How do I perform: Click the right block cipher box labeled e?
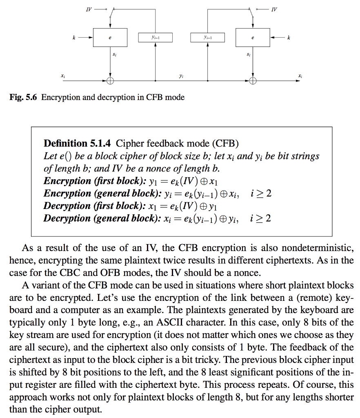(253, 38)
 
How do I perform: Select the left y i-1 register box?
(156, 38)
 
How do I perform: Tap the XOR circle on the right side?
(253, 81)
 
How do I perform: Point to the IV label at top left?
(89, 9)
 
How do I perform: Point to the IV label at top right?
(274, 9)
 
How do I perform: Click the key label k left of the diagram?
(74, 38)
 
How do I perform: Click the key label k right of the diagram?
(289, 38)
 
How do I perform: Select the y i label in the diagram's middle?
(181, 76)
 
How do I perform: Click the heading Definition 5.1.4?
(78, 143)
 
